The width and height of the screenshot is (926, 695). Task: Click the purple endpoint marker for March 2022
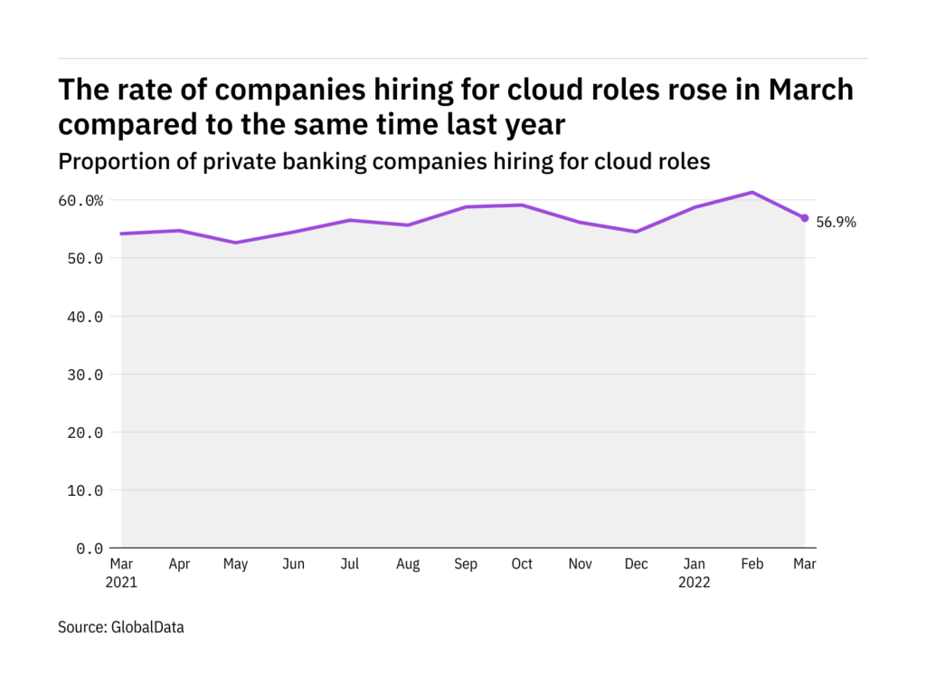(x=804, y=218)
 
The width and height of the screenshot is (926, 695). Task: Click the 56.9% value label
(x=836, y=222)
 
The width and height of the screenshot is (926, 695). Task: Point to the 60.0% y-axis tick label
(x=81, y=200)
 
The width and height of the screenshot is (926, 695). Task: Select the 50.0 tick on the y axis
(x=85, y=258)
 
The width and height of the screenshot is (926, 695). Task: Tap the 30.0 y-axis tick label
(x=85, y=374)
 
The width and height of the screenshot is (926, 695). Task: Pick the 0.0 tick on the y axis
(x=89, y=548)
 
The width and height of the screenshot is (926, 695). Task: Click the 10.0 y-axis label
(x=85, y=490)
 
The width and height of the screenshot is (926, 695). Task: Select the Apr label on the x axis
(x=179, y=565)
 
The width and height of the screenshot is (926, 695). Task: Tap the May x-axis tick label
(x=235, y=565)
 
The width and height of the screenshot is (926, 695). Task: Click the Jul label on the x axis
(x=350, y=565)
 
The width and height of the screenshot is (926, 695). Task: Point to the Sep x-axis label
(x=465, y=565)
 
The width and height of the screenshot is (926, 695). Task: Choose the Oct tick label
(x=523, y=565)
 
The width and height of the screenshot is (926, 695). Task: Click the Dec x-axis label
(x=637, y=565)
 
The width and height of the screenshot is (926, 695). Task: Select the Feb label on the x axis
(x=752, y=565)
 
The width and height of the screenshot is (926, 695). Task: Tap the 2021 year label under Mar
(x=122, y=582)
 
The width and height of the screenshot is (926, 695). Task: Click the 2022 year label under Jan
(x=694, y=582)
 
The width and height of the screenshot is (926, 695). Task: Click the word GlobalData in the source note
(x=148, y=626)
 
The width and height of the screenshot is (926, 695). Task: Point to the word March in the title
(x=810, y=90)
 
